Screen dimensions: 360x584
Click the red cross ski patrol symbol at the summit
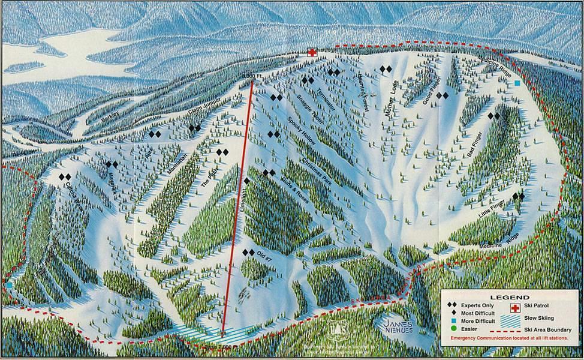312,52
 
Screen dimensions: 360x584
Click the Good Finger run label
431,90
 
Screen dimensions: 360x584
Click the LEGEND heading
510,297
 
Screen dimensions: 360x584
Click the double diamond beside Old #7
248,253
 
